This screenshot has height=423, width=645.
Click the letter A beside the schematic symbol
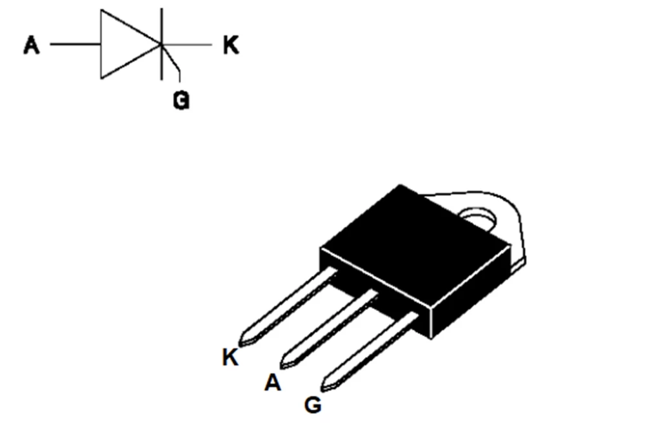tap(31, 46)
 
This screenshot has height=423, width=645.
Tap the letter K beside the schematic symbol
tap(230, 46)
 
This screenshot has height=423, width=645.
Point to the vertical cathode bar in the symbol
tap(161, 26)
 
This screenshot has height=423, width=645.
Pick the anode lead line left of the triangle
tap(75, 45)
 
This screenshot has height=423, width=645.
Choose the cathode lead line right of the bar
tap(190, 45)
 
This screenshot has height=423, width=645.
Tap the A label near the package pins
tap(273, 383)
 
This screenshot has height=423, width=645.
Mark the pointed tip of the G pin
tap(326, 387)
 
